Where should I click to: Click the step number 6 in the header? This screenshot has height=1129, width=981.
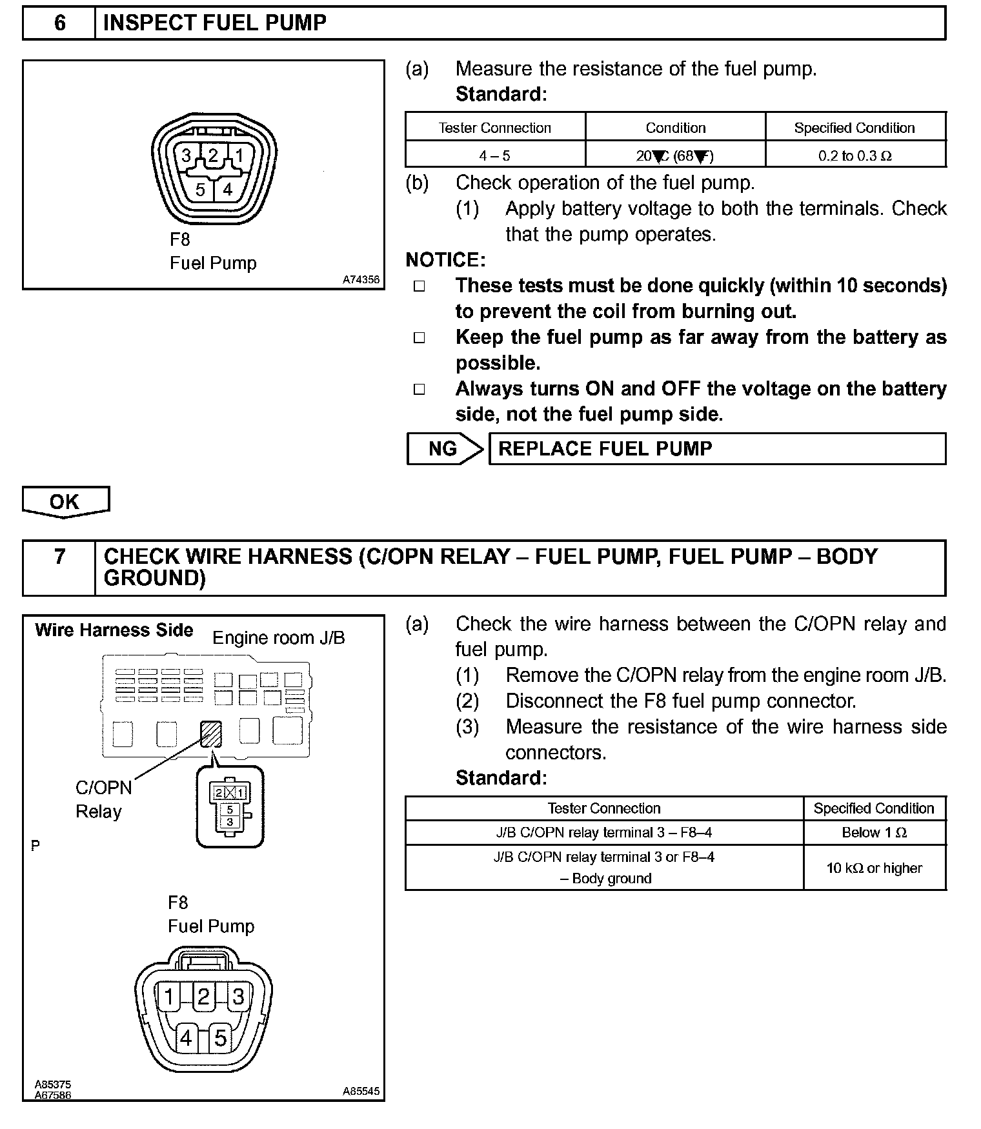[59, 23]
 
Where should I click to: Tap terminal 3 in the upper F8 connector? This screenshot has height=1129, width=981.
[187, 155]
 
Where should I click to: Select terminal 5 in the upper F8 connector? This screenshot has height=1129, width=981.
[200, 190]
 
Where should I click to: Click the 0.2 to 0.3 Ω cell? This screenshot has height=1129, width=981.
[855, 155]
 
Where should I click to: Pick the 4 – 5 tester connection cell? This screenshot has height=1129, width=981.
[495, 155]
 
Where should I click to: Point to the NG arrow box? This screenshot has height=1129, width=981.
[444, 448]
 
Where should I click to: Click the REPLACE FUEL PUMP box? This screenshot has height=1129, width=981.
[716, 448]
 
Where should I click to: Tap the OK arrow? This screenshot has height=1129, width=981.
[65, 502]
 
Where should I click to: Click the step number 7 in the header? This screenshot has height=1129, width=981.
[59, 556]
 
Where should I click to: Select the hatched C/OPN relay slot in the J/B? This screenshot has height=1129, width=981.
[211, 734]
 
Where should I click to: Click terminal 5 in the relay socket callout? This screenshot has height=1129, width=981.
[230, 809]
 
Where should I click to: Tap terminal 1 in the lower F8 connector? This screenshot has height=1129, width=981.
[169, 997]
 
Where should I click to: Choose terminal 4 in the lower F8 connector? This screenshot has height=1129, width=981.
[187, 1038]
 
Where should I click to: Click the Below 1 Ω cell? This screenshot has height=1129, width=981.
[875, 833]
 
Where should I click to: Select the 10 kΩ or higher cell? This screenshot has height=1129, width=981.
[875, 868]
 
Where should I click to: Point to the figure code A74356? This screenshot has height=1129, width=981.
[361, 280]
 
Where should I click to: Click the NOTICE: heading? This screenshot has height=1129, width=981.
[445, 260]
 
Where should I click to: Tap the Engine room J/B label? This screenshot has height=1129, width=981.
[279, 638]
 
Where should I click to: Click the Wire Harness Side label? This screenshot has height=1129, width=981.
[114, 630]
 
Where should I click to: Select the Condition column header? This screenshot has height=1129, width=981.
[676, 128]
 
